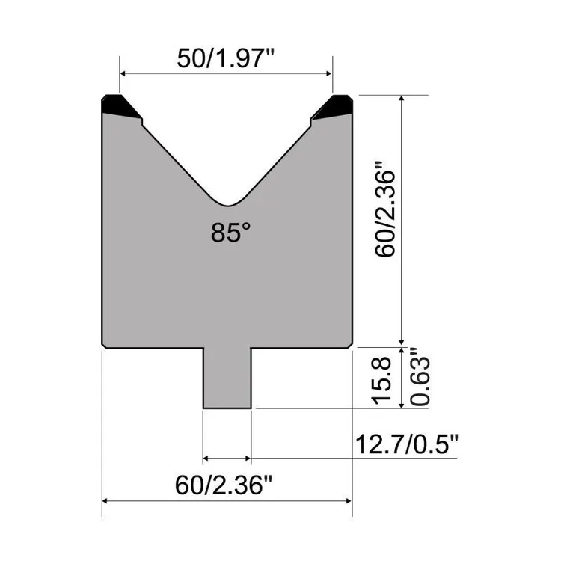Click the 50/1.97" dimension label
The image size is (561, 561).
tap(225, 58)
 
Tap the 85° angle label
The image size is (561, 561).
tap(231, 233)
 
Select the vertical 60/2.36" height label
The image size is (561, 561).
tap(385, 209)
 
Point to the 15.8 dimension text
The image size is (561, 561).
tap(381, 381)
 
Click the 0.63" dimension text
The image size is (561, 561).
tap(420, 376)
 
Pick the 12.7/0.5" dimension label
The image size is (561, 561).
tap(406, 444)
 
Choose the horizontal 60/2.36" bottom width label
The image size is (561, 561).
tap(224, 485)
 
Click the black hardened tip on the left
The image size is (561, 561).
tap(118, 107)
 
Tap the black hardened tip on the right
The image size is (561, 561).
tap(335, 107)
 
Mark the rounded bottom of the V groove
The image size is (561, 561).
tap(228, 204)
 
